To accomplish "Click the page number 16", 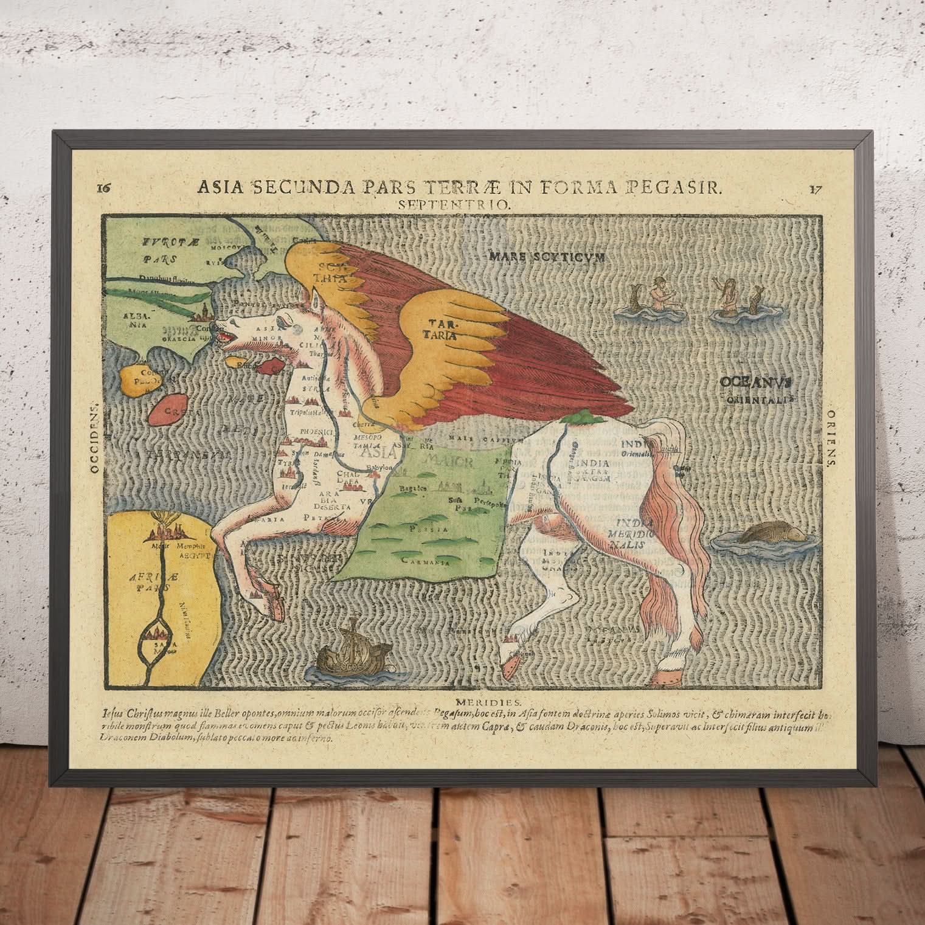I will coord(103,187).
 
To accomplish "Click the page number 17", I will coord(816,188).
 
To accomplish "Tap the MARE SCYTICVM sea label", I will coord(547,257).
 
